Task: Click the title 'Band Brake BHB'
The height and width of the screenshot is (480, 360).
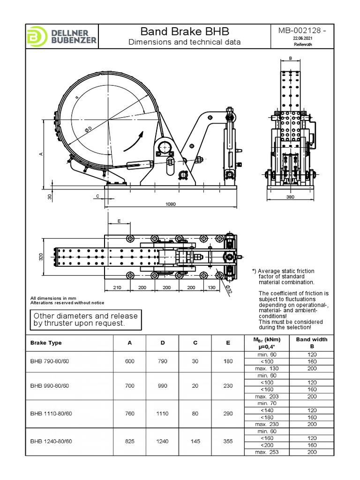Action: coord(185,31)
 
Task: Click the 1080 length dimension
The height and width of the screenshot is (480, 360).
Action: coord(171,204)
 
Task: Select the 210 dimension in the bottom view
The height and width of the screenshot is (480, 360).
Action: coord(117,287)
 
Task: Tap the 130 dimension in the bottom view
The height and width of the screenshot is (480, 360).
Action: coord(211,287)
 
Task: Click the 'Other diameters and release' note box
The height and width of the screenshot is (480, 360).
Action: coord(85,319)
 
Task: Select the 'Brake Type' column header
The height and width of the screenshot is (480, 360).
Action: coord(46,343)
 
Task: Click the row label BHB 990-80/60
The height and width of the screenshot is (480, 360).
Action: coord(50,386)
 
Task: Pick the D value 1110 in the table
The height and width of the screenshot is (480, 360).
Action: coord(163,413)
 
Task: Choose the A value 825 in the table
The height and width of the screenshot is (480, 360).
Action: coord(130,441)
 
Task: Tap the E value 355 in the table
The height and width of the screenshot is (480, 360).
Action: coord(228,441)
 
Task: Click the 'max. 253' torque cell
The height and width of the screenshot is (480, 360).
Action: coord(266,451)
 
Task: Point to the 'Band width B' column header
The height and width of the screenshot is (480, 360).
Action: coord(312,343)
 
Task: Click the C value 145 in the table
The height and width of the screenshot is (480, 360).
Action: coord(195,441)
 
